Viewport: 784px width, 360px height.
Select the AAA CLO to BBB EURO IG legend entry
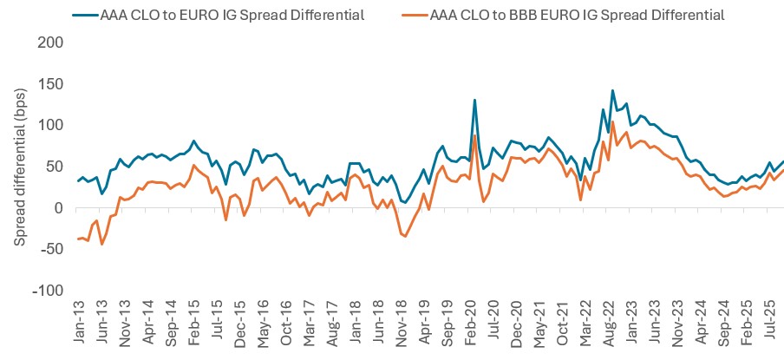(576, 14)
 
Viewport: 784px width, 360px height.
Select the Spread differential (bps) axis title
(19, 167)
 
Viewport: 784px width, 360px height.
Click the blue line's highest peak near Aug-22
(612, 90)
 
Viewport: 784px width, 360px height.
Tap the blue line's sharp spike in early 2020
(475, 100)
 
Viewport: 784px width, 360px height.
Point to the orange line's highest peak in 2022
(612, 122)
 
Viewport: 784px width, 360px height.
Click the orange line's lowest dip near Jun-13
(101, 244)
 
